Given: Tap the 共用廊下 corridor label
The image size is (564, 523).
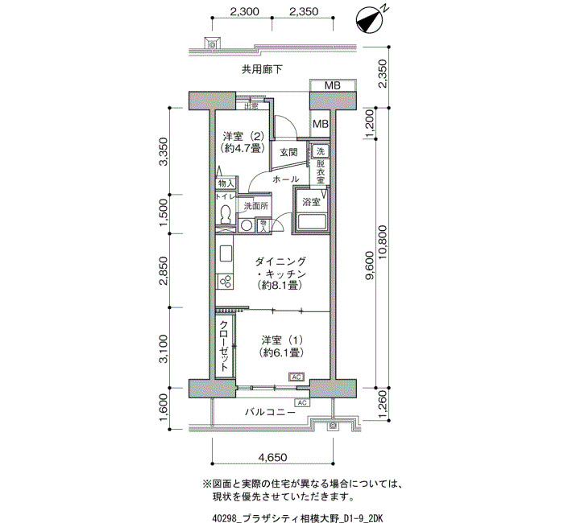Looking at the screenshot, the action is coord(262,69).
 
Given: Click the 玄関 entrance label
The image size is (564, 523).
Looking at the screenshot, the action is coord(288,152).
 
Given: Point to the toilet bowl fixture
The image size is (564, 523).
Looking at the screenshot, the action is coord(226,214).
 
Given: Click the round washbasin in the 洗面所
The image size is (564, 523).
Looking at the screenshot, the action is coord(247,225).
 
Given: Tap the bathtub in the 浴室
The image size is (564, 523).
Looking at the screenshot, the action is coord(311,222).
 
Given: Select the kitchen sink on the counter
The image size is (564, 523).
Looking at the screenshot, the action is coord(225,253).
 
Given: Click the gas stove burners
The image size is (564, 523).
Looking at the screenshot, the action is coord(225,282).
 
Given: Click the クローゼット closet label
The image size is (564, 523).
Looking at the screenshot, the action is coord(224,345).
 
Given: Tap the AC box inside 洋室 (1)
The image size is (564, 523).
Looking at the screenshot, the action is coord(297,377).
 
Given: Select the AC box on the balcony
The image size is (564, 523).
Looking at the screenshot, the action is coord(302,402).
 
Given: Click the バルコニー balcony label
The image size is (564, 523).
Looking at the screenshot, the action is coord(270,412).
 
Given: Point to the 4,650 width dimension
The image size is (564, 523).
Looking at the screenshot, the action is coord(273,457).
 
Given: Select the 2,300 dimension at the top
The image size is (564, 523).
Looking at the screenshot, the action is coord(244,11).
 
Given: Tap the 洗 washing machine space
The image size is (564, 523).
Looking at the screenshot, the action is coord(320,151).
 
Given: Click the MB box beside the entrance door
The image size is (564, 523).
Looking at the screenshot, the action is coord(320,124).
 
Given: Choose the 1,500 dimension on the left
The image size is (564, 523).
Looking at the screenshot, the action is coord(164,213).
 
